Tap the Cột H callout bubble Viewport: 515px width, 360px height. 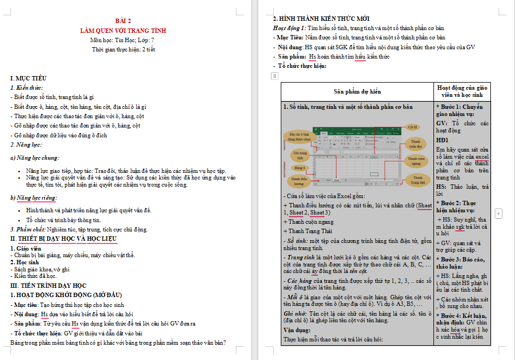click(x=413, y=127)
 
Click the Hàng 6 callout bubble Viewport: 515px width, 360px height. click(x=300, y=167)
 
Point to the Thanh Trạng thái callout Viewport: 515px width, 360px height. click(x=418, y=180)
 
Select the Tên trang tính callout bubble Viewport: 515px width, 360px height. click(x=300, y=155)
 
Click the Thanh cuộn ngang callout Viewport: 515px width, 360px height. click(x=416, y=161)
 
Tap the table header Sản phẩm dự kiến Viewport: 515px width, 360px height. click(x=357, y=91)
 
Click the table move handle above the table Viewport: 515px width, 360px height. click(x=275, y=76)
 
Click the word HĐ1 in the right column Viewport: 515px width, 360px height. click(x=443, y=140)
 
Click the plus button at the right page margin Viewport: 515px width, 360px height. click(x=499, y=212)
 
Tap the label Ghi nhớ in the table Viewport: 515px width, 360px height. click(x=294, y=313)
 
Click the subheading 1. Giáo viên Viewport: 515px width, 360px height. click(x=25, y=248)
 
